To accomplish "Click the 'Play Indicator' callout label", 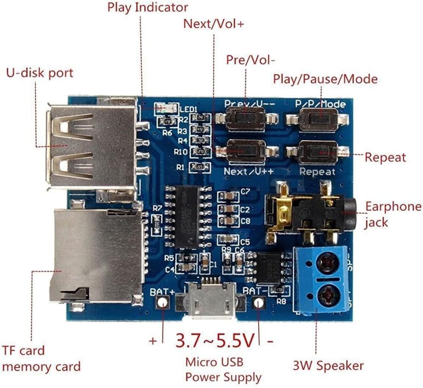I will point(147,8).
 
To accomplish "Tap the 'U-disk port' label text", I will point(39,73).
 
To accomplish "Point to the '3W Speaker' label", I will point(328,365).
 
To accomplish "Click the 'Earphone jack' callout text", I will point(393,214).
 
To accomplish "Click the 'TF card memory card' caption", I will point(41,358).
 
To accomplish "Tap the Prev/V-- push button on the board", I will point(245,118).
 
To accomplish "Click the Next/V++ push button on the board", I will point(246,151).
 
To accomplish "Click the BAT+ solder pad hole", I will point(163,302).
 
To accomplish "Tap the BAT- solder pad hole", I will point(259,303).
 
